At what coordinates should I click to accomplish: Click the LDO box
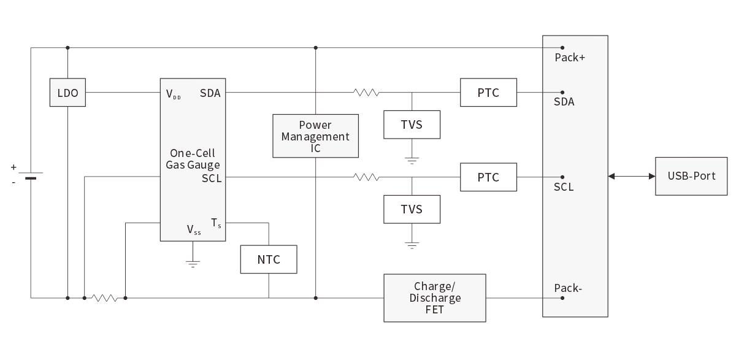pyautogui.click(x=67, y=93)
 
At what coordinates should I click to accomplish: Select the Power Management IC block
pyautogui.click(x=315, y=136)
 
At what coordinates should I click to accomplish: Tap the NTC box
pyautogui.click(x=269, y=259)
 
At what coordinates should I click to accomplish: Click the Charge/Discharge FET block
pyautogui.click(x=434, y=298)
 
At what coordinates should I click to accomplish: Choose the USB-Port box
pyautogui.click(x=691, y=176)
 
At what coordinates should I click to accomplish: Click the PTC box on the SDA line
pyautogui.click(x=488, y=93)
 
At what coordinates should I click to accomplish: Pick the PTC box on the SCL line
pyautogui.click(x=488, y=177)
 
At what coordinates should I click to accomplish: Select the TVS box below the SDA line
pyautogui.click(x=412, y=125)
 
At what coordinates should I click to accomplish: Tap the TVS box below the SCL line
pyautogui.click(x=412, y=209)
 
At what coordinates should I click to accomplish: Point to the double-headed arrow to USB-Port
pyautogui.click(x=632, y=177)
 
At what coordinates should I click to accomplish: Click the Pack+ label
pyautogui.click(x=570, y=58)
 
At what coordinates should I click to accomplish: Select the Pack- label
pyautogui.click(x=568, y=288)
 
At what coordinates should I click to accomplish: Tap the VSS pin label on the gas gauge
pyautogui.click(x=194, y=230)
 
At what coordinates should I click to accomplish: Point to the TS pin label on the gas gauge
pyautogui.click(x=216, y=223)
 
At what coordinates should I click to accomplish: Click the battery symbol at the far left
pyautogui.click(x=31, y=175)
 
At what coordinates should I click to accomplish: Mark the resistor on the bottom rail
pyautogui.click(x=104, y=298)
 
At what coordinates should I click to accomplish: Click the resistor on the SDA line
pyautogui.click(x=366, y=93)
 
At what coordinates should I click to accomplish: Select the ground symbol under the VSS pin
pyautogui.click(x=193, y=264)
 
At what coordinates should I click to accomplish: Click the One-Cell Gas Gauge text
pyautogui.click(x=193, y=159)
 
